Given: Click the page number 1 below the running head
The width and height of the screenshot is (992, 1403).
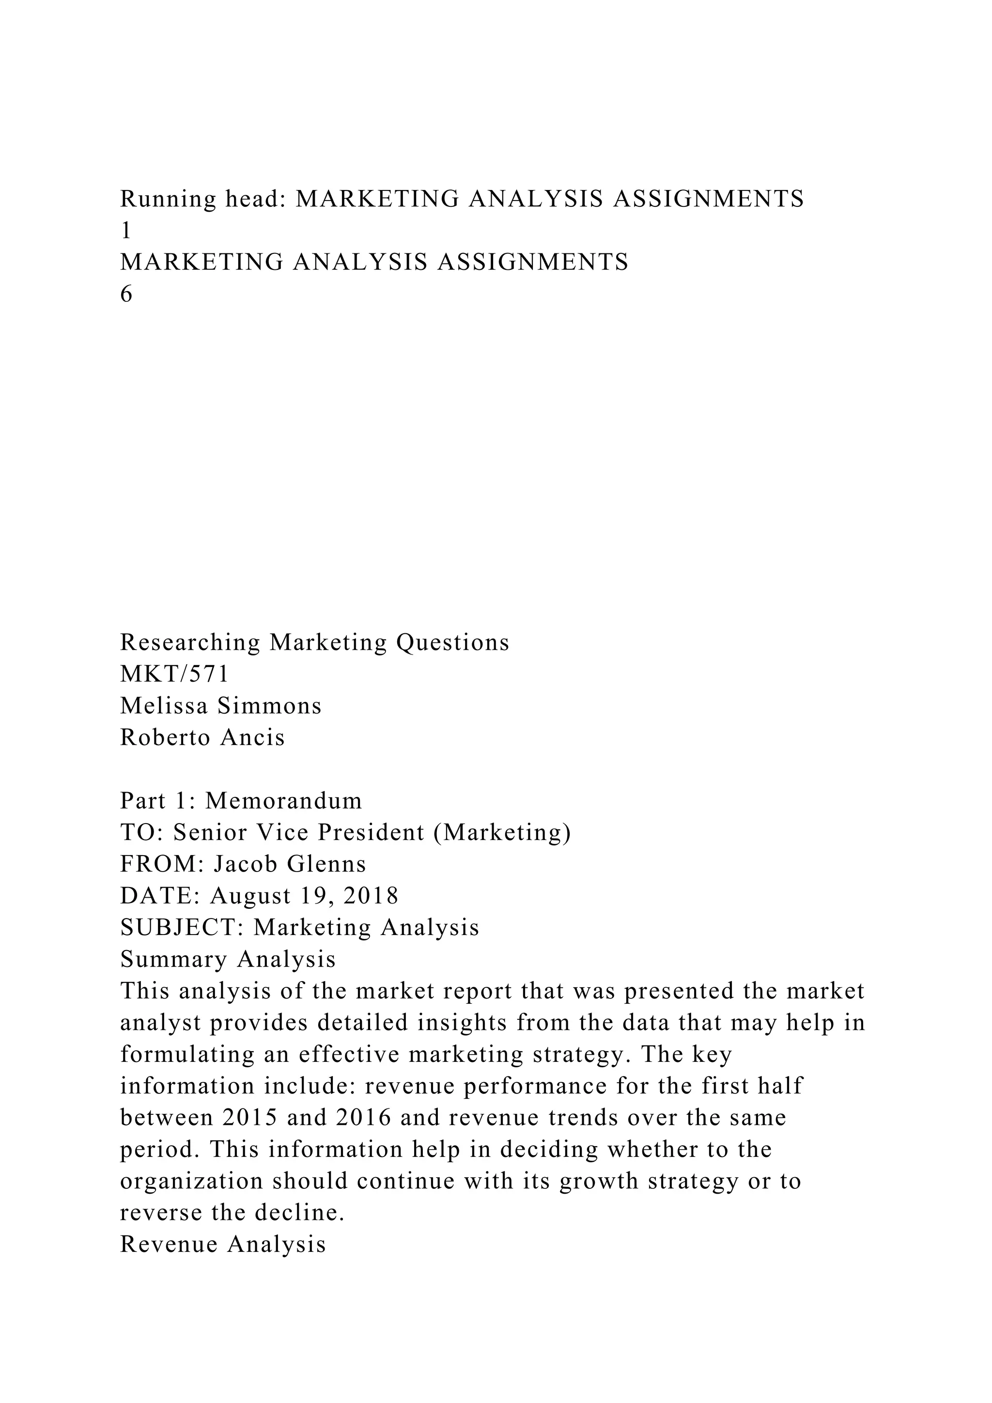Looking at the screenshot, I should point(126,231).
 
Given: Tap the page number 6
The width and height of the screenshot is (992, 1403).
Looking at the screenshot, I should point(126,295).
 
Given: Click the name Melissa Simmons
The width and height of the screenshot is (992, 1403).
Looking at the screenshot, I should point(220,706).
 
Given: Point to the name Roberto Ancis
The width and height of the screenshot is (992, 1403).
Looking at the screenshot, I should point(202,737).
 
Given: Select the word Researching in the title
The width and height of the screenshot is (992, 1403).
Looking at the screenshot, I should point(190,642).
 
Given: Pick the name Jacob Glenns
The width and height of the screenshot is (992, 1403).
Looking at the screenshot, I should point(290,865).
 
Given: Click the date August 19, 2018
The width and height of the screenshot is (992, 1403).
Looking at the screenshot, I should point(304,896).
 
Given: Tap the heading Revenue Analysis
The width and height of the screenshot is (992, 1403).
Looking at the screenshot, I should point(223,1245).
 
